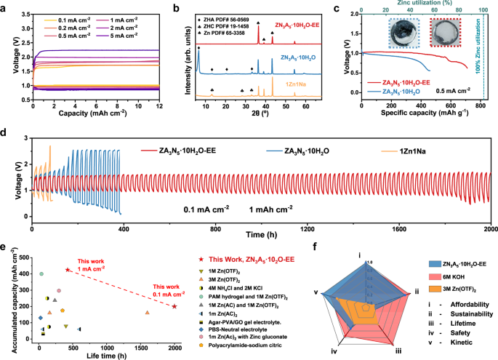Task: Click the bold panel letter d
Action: (5, 134)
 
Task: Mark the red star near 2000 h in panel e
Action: (174, 306)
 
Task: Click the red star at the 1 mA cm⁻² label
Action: (68, 270)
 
